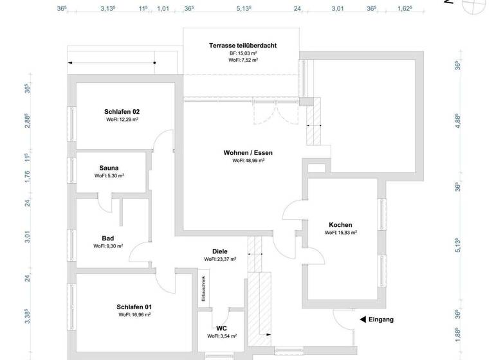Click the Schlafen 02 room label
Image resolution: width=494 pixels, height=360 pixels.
(122, 111)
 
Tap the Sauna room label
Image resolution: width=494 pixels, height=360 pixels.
(109, 167)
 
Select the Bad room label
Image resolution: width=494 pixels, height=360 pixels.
(107, 238)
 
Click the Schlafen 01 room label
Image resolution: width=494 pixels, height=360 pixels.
(134, 307)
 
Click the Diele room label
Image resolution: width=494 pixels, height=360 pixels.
(220, 251)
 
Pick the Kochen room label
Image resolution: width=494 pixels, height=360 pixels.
(340, 224)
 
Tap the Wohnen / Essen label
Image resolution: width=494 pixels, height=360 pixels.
(248, 152)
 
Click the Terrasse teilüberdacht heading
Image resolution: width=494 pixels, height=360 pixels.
(242, 45)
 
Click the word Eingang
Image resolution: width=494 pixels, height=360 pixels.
(382, 319)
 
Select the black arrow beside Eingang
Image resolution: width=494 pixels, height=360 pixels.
(363, 319)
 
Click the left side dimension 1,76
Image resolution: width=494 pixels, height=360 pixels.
(28, 177)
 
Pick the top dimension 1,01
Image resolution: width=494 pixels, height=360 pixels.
(163, 9)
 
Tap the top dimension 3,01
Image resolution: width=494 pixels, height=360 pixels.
(338, 9)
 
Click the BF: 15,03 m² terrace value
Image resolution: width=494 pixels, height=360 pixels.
(243, 53)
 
